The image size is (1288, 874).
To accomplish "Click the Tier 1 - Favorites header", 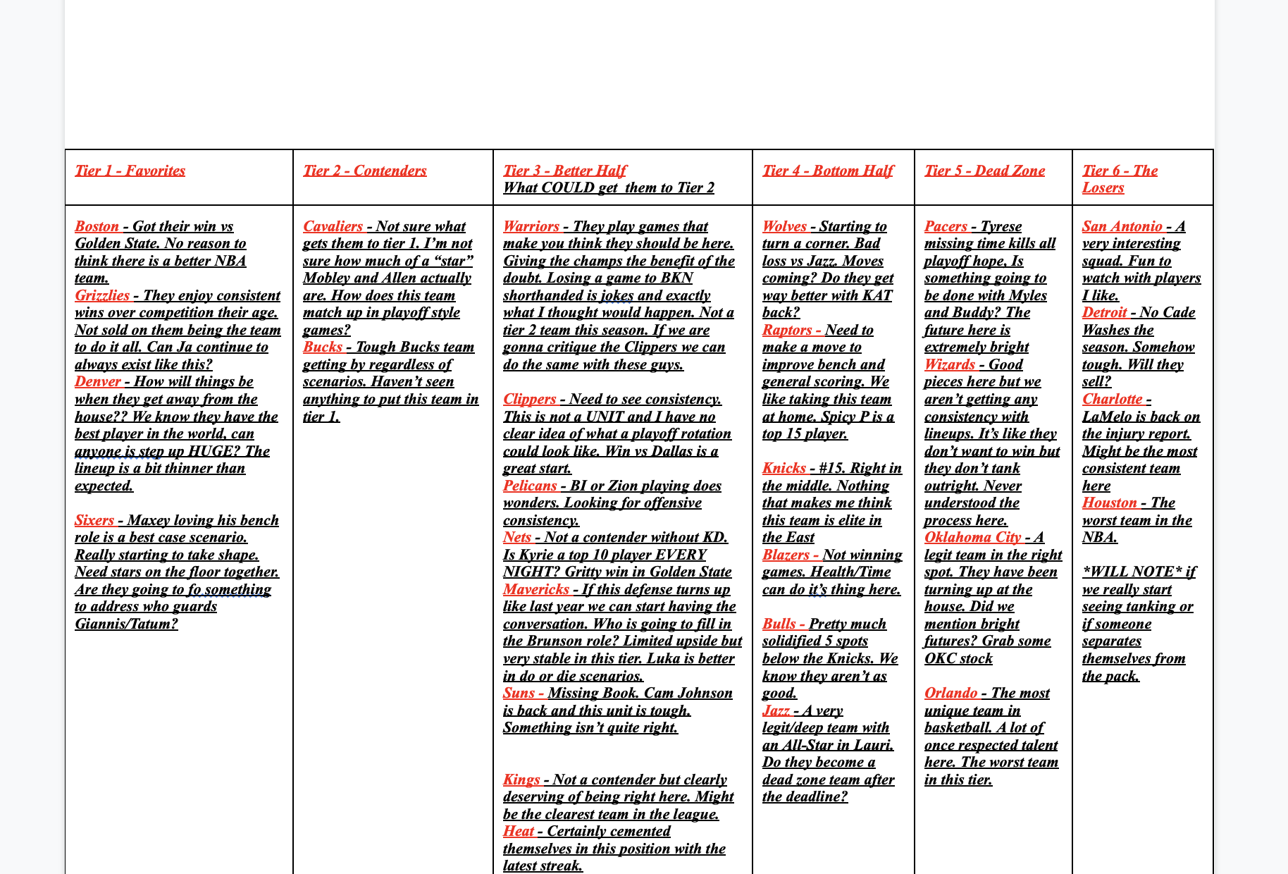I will tap(130, 171).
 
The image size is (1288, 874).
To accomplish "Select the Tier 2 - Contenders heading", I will tap(364, 171).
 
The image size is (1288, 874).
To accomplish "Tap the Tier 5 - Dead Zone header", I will tap(984, 171).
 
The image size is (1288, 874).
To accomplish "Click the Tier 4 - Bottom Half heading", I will tap(827, 171).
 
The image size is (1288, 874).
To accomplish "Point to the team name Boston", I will tap(97, 226).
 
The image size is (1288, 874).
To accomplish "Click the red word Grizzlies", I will tap(102, 295).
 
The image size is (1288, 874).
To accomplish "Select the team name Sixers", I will tap(94, 520).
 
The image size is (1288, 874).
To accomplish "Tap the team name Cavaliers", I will tap(333, 226).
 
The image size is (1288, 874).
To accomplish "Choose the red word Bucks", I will tap(322, 347).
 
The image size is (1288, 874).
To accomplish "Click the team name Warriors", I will tap(531, 226).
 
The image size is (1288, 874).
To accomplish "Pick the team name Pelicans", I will tap(529, 486).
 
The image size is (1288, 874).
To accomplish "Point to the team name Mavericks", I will tap(535, 589).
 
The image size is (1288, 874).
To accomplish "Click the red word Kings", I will tap(521, 780).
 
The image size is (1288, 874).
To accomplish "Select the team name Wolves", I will tap(784, 226).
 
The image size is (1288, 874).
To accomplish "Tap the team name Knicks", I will tap(784, 468).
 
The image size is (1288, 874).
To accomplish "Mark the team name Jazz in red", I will tap(776, 710).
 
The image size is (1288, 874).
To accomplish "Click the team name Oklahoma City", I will tap(972, 537).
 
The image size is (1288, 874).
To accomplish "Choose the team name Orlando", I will tap(950, 693).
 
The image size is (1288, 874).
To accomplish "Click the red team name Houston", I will tap(1109, 503).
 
